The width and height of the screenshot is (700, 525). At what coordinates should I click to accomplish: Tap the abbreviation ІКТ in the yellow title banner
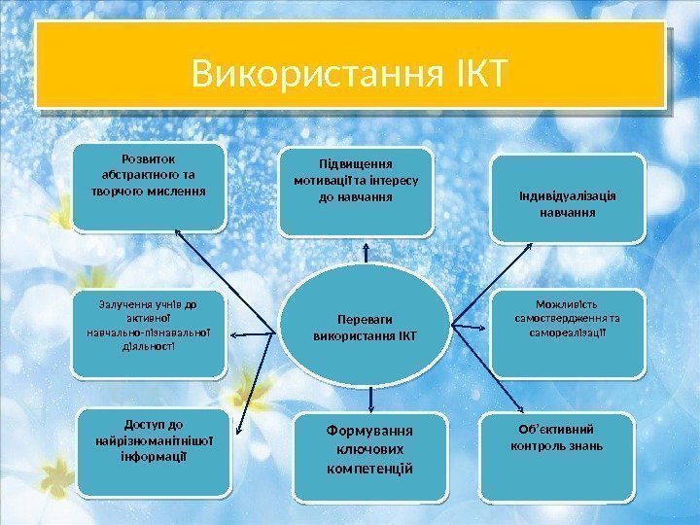pyautogui.click(x=474, y=72)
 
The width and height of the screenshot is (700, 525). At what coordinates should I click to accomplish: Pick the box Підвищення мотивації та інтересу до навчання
pyautogui.click(x=356, y=192)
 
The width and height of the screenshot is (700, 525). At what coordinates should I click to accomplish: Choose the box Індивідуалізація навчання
pyautogui.click(x=567, y=198)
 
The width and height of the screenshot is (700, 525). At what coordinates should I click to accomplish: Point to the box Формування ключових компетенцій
pyautogui.click(x=367, y=460)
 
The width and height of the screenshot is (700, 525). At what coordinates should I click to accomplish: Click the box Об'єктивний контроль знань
pyautogui.click(x=557, y=459)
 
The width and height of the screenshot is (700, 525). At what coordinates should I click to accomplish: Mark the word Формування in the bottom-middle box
pyautogui.click(x=367, y=430)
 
